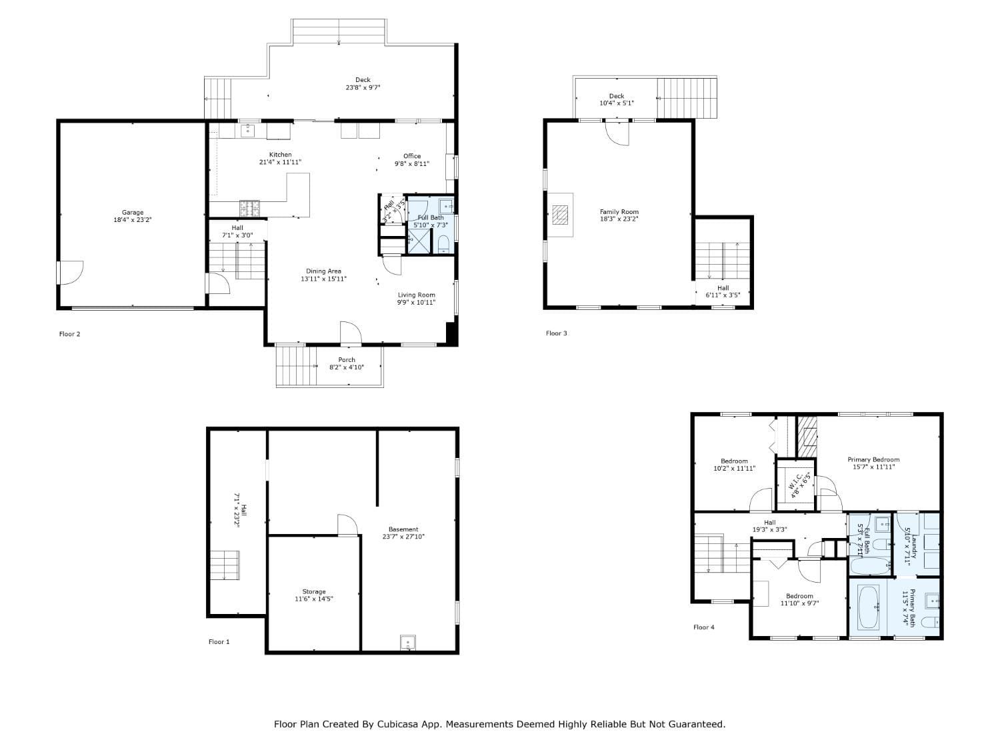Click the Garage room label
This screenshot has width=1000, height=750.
tap(132, 213)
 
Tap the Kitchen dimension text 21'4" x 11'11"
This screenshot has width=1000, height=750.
tap(280, 162)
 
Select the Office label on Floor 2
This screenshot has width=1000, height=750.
tap(412, 156)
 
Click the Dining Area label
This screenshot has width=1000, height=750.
tap(323, 271)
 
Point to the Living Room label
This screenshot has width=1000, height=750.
tap(417, 295)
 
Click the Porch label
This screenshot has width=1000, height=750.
tap(347, 360)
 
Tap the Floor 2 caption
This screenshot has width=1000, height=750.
tap(69, 334)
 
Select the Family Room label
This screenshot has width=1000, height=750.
tap(619, 212)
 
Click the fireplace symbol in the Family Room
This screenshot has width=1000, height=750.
tap(561, 215)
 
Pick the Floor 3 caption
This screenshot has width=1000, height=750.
tap(556, 333)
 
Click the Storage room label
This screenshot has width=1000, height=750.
tap(314, 591)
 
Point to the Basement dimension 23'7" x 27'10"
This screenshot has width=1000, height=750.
tap(403, 537)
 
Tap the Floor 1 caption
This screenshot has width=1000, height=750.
tap(219, 642)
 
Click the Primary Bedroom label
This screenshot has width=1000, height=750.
tap(873, 459)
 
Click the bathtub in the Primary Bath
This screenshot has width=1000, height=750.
tap(868, 607)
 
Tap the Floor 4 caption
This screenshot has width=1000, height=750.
tap(703, 627)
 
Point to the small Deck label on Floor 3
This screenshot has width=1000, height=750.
tap(617, 96)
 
